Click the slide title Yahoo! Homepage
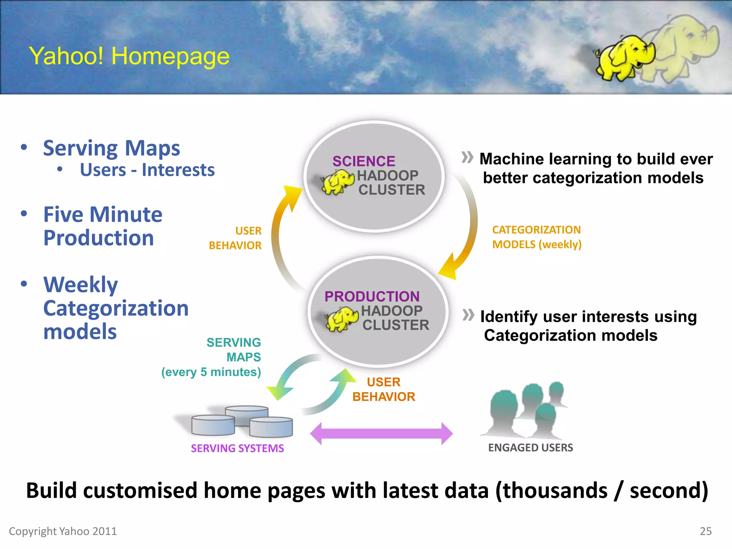[129, 56]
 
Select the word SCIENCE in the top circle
[363, 161]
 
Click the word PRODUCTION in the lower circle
[372, 296]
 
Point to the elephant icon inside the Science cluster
[337, 182]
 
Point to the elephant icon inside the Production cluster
[341, 318]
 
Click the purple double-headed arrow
[381, 434]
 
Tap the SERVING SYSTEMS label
[237, 448]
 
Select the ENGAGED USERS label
[530, 447]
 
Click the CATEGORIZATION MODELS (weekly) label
[536, 237]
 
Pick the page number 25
[706, 531]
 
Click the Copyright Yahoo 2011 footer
[63, 531]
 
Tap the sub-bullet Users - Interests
[147, 170]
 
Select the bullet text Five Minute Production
[103, 226]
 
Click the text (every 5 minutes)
[211, 372]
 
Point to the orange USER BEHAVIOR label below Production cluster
[384, 389]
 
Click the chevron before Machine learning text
[467, 157]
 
